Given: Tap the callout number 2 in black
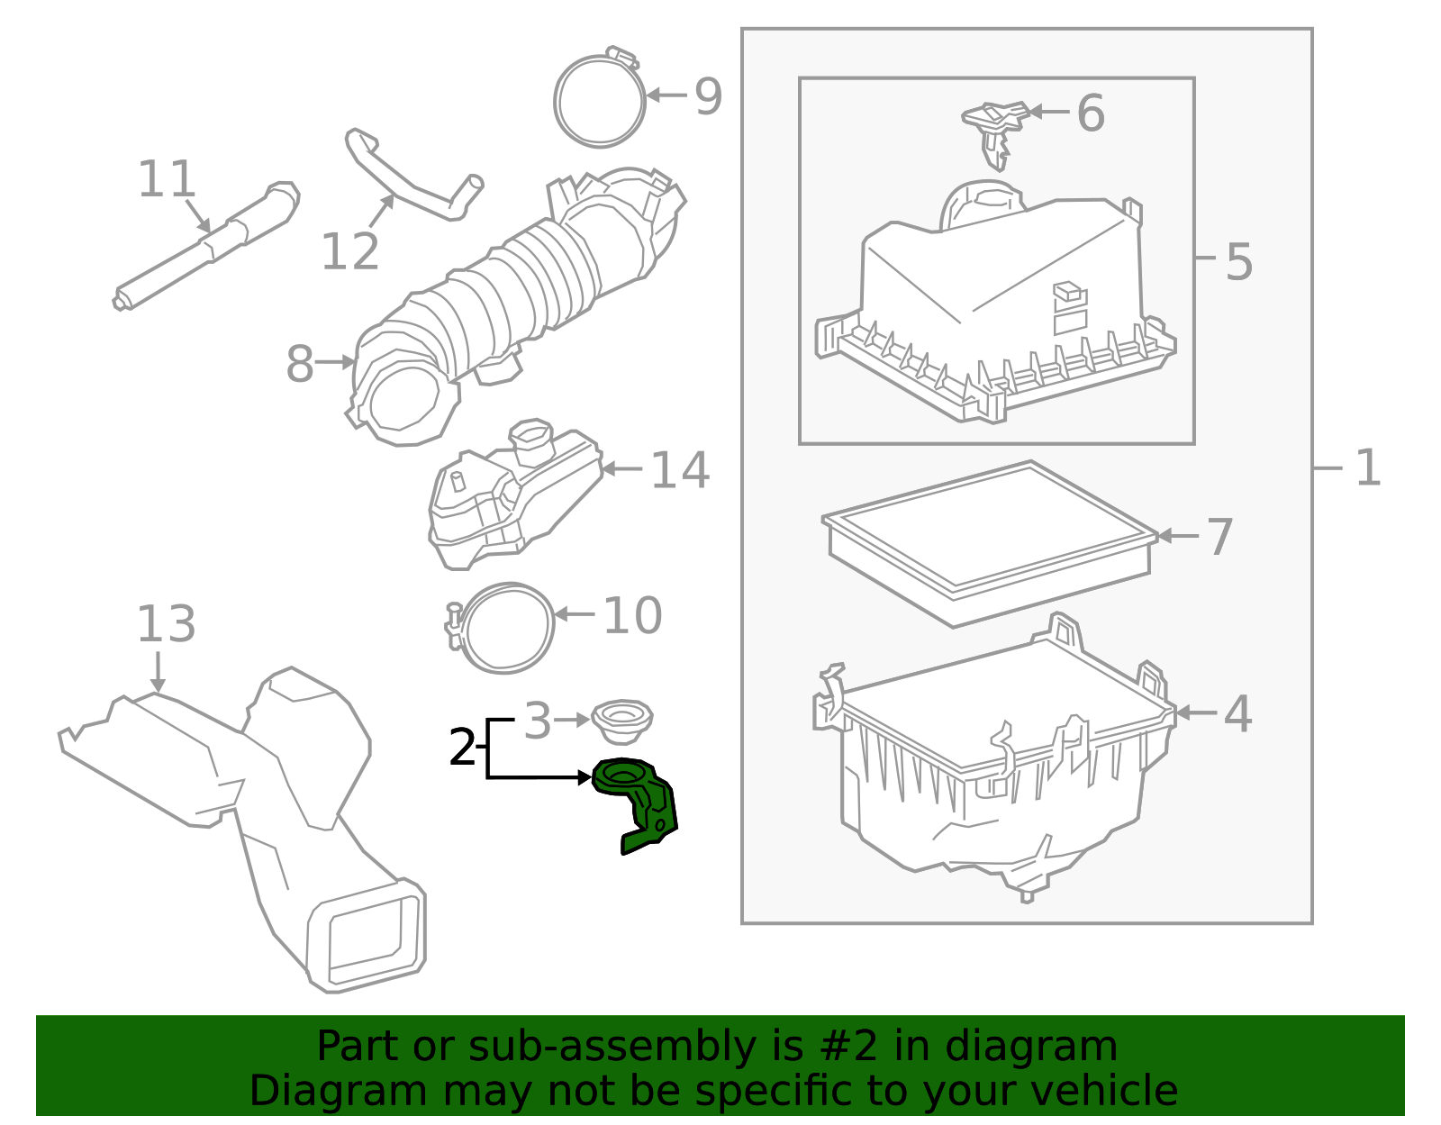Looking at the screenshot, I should [x=462, y=748].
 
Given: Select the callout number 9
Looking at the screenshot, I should [x=708, y=96].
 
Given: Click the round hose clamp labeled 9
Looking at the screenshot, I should [x=599, y=101].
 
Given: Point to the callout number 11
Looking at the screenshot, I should [x=167, y=179].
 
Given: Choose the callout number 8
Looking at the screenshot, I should [x=300, y=364].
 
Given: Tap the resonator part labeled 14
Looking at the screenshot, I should [x=513, y=495].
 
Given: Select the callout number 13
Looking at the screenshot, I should [x=166, y=624].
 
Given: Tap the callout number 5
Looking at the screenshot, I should [x=1239, y=262].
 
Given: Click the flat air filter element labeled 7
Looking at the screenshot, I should [x=991, y=540].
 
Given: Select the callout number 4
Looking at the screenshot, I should [x=1237, y=713].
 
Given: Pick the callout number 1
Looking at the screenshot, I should [x=1367, y=468].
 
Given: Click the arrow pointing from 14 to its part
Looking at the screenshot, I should [x=621, y=469].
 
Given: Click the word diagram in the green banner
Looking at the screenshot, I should [x=1051, y=1047].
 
